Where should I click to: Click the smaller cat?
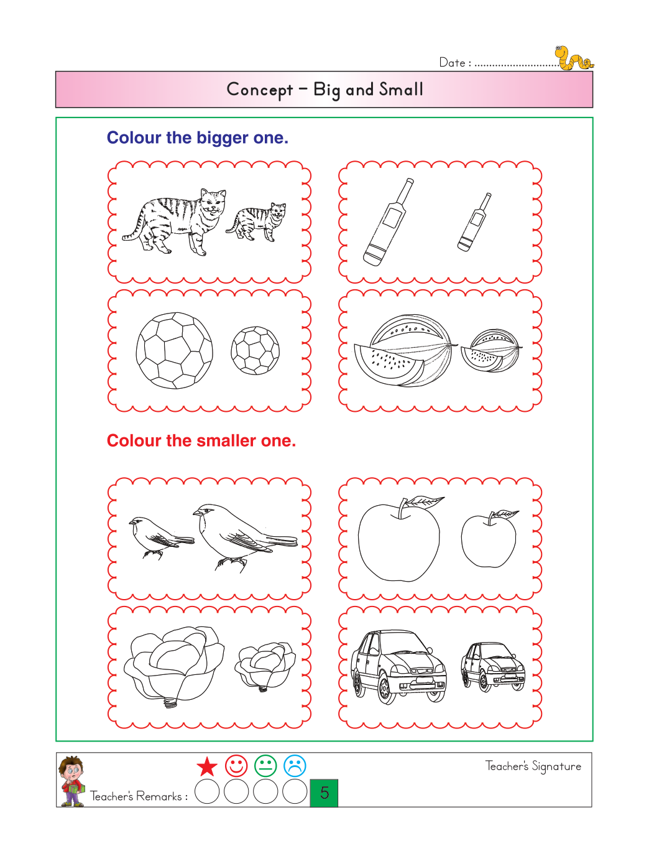[257, 222]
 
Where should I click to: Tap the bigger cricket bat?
[388, 222]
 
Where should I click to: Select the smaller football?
[255, 350]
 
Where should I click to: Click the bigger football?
[174, 350]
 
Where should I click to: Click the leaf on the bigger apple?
[425, 501]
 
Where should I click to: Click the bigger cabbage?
[173, 666]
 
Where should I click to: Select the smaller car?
[492, 667]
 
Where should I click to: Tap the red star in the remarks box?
[207, 767]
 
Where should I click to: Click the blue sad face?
[295, 766]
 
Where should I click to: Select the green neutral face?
[265, 766]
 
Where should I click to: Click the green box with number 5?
[324, 793]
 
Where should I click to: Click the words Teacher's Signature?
[533, 766]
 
